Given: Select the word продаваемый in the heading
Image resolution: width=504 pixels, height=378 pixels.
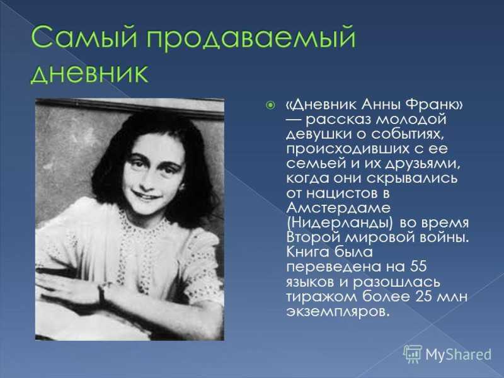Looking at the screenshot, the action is (251, 39).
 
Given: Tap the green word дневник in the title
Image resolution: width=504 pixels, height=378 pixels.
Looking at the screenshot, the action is (89, 73).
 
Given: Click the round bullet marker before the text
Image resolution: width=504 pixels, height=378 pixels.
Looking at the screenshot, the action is (271, 105).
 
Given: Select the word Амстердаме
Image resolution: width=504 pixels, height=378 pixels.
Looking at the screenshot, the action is (338, 208).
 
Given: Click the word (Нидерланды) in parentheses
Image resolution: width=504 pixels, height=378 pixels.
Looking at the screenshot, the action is (340, 223).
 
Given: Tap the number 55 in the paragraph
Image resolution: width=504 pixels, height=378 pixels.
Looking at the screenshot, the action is (418, 266).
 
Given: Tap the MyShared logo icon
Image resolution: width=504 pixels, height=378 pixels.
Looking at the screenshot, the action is (413, 354).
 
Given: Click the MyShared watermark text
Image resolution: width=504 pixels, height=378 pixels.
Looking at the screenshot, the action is (459, 354).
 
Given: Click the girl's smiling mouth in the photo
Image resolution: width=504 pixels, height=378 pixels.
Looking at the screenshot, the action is (146, 195).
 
